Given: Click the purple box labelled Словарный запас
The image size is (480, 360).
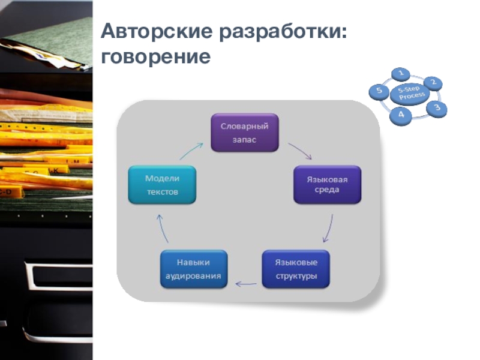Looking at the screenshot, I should pos(244,133).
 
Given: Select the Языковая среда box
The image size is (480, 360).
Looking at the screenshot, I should pos(326,185).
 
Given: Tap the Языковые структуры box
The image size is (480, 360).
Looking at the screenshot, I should pos(296,269).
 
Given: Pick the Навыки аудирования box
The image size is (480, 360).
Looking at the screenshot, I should pos(194,269).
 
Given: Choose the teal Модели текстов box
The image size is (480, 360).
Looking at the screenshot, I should pos(163,185).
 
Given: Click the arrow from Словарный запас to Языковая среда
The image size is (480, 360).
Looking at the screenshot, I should pos(300,151).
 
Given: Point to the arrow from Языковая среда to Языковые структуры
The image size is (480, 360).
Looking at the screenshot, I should pos(329,227).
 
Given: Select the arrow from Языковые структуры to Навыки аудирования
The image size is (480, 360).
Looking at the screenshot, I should pos(245,282).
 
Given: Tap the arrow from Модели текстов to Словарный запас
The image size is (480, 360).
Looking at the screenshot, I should pos(191,150).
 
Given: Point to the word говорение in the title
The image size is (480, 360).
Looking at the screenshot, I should pos(156,58).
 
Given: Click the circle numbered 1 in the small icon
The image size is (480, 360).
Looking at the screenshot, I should pos(401,74).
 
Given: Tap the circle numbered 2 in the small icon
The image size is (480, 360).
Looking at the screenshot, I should pos(433,83).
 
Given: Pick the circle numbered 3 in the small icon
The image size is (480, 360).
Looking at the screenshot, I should pos(437,108).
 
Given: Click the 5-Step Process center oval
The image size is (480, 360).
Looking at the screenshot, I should pos(409,94).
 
